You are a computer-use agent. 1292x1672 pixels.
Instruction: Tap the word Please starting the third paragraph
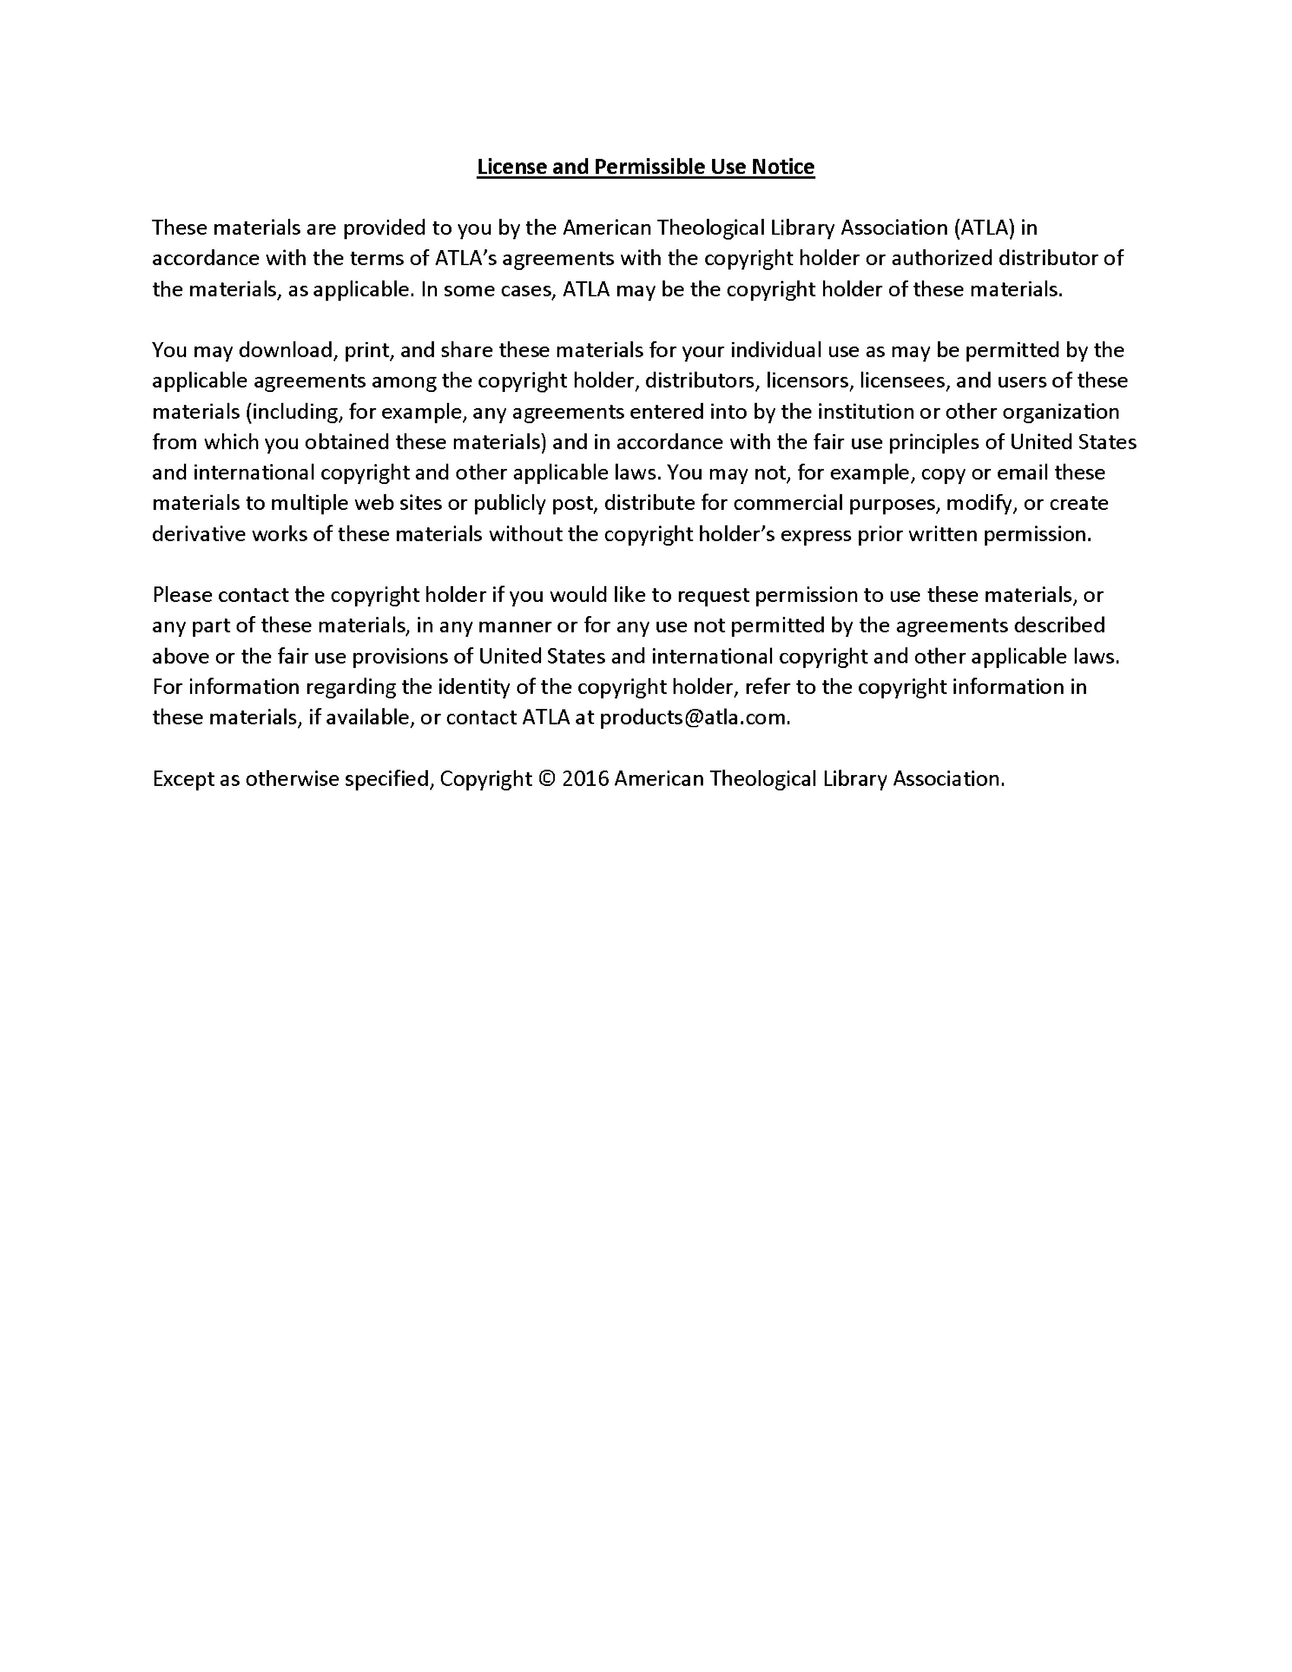tap(182, 595)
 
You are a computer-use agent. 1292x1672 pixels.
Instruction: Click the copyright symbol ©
tap(546, 779)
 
